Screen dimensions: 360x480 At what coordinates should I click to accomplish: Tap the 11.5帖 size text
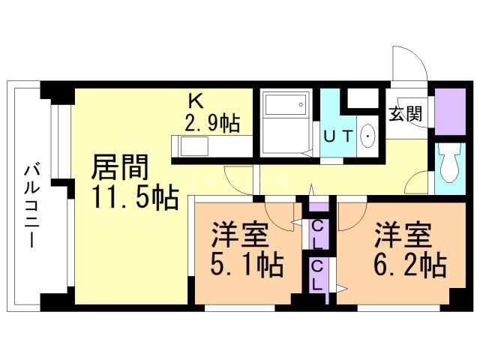point(135,197)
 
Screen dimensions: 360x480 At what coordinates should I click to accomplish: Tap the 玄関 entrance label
point(405,114)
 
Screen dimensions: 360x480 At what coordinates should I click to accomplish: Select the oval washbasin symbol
point(369,136)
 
